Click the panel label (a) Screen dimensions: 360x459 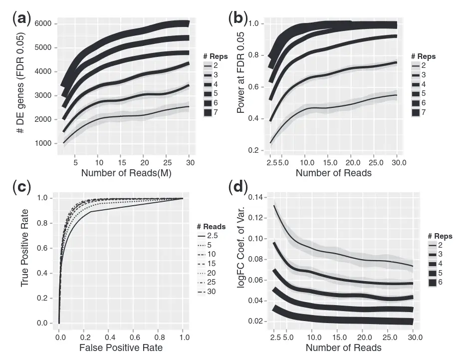pyautogui.click(x=21, y=18)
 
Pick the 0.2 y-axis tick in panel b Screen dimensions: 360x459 pyautogui.click(x=254, y=151)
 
